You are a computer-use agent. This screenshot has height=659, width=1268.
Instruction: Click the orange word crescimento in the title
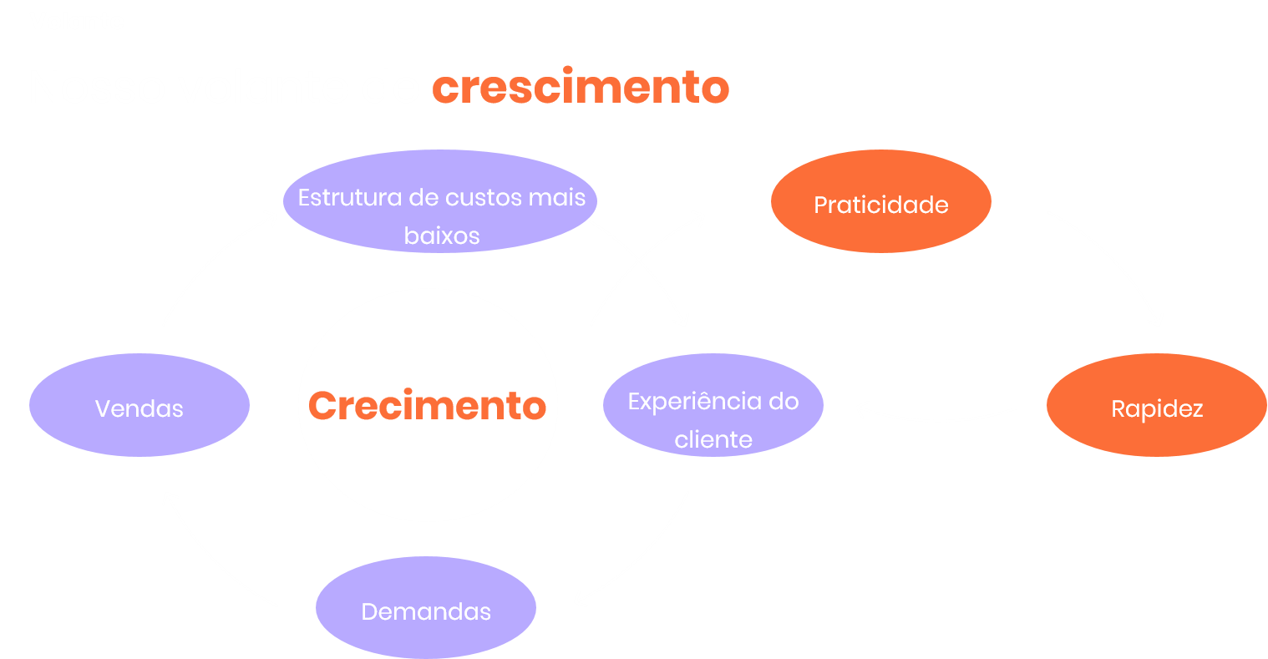point(581,87)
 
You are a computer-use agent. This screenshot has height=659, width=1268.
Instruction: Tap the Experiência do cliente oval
point(713,406)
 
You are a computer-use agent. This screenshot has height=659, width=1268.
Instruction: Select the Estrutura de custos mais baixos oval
point(441,200)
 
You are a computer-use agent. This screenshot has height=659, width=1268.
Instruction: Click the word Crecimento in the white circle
point(428,406)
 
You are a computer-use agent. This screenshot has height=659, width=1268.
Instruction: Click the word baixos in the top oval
point(442,236)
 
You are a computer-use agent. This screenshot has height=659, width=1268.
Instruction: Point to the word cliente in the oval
point(713,440)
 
